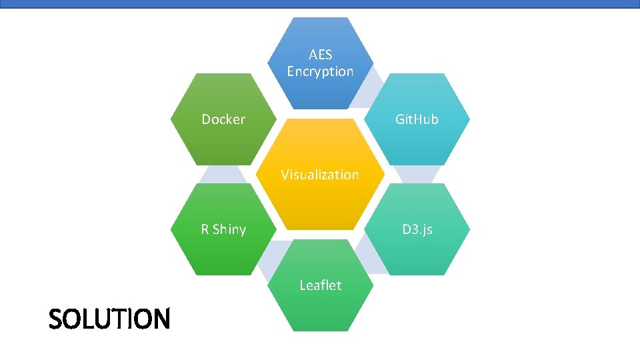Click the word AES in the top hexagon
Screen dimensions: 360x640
[x=320, y=55]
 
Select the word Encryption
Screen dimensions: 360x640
[x=320, y=71]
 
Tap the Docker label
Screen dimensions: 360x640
[x=223, y=120]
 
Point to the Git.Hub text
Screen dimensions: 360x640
[x=417, y=120]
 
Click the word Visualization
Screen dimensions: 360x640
[x=320, y=175]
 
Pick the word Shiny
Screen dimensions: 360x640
[x=229, y=229]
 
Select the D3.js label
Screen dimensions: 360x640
[x=417, y=229]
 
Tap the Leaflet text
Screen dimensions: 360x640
[x=320, y=285]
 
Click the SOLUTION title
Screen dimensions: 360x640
[x=109, y=319]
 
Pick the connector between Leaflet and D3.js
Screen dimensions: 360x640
[x=369, y=257]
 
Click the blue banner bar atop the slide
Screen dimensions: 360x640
[x=320, y=3]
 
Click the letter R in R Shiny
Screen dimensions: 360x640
[x=205, y=229]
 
